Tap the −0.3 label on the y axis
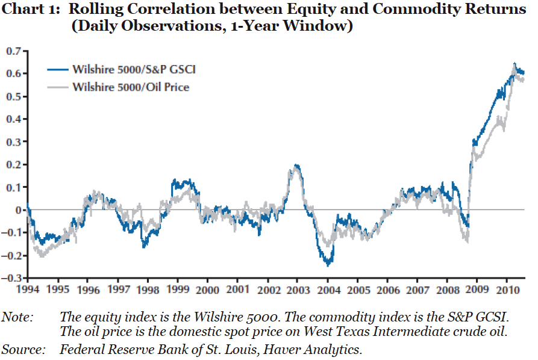[x=12, y=278]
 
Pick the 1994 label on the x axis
[x=28, y=289]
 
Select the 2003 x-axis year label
[x=296, y=289]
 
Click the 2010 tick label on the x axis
[x=505, y=289]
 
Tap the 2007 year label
[x=416, y=289]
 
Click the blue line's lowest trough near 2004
[x=328, y=264]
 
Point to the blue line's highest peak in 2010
[x=514, y=63]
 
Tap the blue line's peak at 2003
[x=296, y=165]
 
